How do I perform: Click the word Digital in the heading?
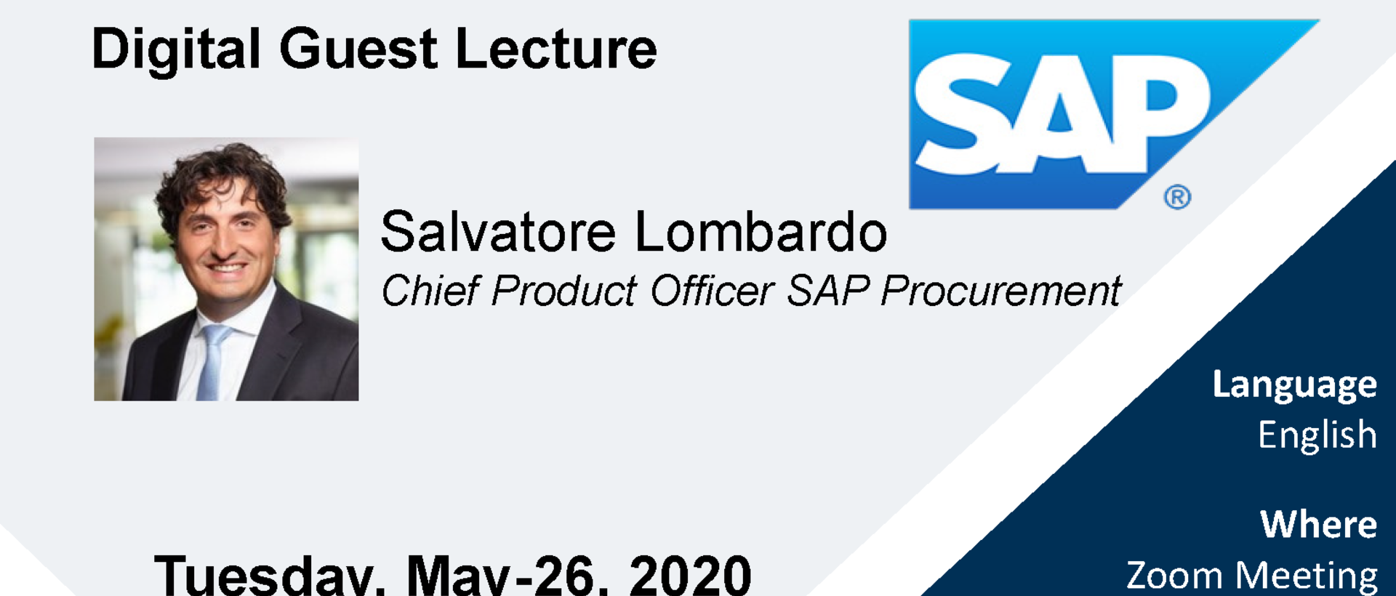tap(176, 49)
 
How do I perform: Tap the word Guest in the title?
tap(358, 49)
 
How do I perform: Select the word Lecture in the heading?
tap(556, 49)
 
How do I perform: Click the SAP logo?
tap(1114, 114)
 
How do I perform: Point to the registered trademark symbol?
tap(1177, 197)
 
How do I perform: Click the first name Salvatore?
tap(499, 232)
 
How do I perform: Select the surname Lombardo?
tap(761, 232)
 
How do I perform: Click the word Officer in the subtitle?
tap(711, 291)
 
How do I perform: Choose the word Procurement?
tap(1001, 291)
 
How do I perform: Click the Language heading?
tap(1294, 385)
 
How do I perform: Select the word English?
tap(1317, 435)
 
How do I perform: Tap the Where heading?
tap(1319, 524)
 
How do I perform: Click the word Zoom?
tap(1174, 576)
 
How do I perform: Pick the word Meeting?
tap(1307, 576)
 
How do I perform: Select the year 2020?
tap(691, 575)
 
